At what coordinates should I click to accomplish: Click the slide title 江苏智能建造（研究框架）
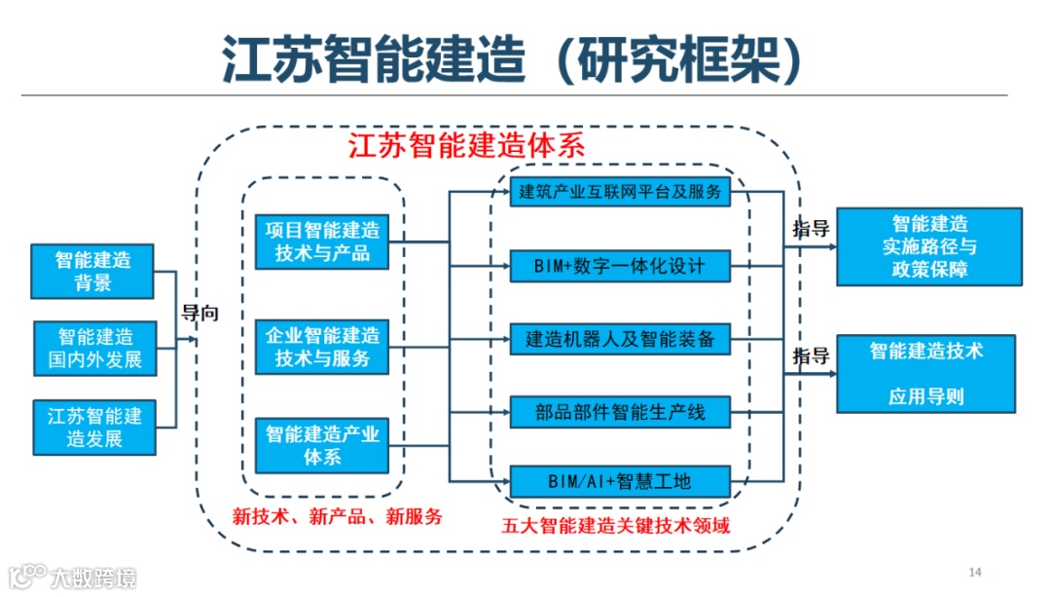tap(514, 59)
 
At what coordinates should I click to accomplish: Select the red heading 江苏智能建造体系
tap(466, 147)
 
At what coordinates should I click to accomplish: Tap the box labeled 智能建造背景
tap(93, 271)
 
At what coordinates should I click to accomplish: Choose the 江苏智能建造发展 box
tap(94, 427)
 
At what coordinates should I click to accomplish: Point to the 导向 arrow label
tap(200, 314)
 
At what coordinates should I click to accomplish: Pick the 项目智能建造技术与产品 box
tap(322, 242)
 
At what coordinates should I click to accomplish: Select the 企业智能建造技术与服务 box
tap(322, 347)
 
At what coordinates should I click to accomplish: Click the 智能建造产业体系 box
tap(322, 444)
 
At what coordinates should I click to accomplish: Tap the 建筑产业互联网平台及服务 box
tap(620, 192)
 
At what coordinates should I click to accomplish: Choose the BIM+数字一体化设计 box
tap(620, 265)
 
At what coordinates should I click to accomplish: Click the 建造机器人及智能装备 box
tap(620, 340)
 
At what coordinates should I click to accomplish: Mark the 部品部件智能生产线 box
tap(620, 412)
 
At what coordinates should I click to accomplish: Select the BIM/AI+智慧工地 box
tap(620, 480)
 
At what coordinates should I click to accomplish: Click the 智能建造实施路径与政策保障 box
tap(929, 246)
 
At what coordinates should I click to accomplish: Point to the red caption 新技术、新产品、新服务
tap(337, 516)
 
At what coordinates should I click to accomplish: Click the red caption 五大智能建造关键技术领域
tap(616, 526)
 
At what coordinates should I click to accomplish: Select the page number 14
tap(975, 571)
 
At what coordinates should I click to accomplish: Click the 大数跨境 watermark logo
tap(73, 576)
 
